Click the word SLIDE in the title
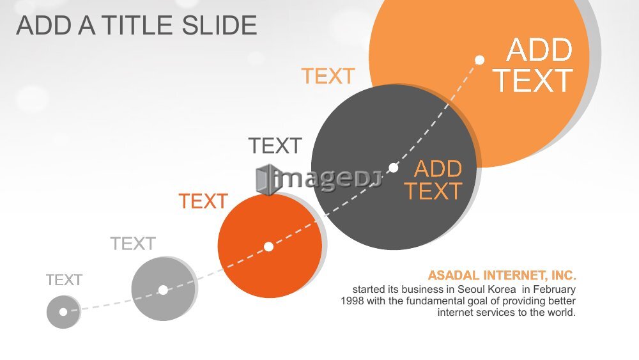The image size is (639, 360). coord(219,26)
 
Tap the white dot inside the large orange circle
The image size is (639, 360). coord(480,60)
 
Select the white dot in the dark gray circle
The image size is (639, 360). coord(393,168)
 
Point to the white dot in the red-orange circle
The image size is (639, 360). coord(268,247)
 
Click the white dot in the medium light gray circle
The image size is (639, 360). coord(163,290)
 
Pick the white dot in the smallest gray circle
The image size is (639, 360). coord(63,312)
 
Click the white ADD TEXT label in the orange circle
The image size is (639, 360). coord(533,65)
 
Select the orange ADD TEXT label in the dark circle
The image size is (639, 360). coord(433,180)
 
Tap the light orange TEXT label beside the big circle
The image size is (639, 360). coord(328,76)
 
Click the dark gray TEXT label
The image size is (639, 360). coord(275,146)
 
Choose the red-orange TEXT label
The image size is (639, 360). coord(203,201)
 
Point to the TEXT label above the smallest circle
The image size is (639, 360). coord(64,280)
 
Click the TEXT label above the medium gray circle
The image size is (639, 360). coord(134,244)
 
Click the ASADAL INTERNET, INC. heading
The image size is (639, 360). coord(502,276)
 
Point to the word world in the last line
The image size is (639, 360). coord(562,313)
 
